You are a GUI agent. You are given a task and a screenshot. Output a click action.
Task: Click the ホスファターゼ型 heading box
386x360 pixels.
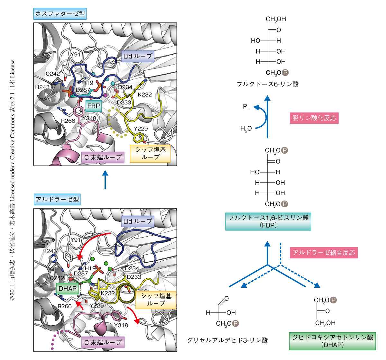point(60,14)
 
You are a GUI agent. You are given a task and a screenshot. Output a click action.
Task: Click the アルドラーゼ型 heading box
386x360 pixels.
point(57,199)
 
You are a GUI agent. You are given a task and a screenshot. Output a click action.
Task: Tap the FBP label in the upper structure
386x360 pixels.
point(94,106)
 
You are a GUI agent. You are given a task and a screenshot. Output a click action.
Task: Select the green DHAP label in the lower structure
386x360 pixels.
point(68,288)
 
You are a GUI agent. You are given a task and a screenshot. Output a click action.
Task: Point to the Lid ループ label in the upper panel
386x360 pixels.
point(138,56)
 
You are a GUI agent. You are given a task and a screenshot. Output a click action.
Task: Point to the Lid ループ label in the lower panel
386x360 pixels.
point(138,221)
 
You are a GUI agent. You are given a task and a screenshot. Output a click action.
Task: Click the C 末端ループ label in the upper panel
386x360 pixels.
point(103,157)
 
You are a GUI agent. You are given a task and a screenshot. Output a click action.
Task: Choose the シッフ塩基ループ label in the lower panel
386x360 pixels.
point(156,300)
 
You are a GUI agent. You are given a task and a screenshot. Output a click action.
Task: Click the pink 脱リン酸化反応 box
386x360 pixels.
point(314,118)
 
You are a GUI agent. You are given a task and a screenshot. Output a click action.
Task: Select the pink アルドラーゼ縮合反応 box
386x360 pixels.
point(324,253)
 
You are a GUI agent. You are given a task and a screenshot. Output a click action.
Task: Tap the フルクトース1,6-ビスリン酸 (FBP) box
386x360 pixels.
point(268,221)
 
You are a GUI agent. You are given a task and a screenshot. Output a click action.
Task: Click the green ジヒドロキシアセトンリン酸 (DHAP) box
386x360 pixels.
point(332,341)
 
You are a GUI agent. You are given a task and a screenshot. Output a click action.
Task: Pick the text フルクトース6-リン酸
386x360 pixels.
point(268,84)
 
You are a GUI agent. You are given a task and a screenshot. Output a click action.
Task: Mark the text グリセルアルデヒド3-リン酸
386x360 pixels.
point(227,340)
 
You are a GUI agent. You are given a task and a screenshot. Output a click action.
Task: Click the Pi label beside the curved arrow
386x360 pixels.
point(246,106)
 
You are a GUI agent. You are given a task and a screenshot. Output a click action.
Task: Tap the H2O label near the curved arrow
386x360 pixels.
point(246,129)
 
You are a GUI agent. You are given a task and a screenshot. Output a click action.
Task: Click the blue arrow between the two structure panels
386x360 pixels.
point(105,180)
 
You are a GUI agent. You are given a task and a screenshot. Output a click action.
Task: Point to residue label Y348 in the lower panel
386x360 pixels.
point(121,325)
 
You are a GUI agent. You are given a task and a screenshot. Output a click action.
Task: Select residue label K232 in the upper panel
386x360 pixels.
point(145,94)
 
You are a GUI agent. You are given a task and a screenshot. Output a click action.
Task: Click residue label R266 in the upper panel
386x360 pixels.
point(68,121)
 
